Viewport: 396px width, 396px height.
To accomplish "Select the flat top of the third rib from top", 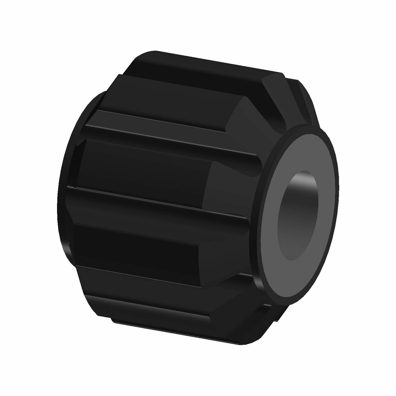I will pos(143,169).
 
